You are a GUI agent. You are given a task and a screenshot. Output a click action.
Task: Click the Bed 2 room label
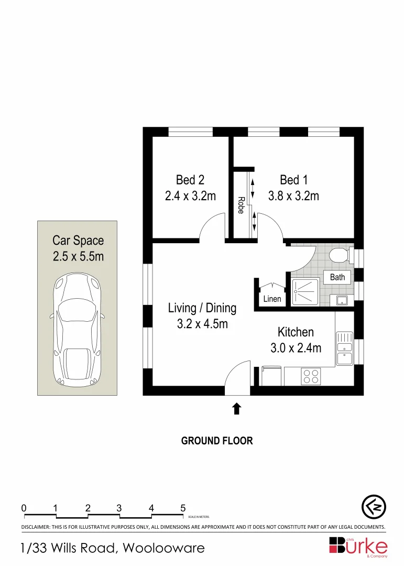190,180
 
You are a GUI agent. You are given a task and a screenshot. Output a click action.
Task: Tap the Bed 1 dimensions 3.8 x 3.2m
293,196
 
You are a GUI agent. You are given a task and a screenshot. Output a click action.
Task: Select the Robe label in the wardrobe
241,205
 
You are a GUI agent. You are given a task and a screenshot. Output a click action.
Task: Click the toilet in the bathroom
340,256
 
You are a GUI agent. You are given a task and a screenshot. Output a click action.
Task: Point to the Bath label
337,277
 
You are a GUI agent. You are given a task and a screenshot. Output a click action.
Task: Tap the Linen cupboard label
272,299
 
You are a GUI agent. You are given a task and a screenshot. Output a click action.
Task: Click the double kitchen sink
344,348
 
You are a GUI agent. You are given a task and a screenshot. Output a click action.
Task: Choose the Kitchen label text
296,332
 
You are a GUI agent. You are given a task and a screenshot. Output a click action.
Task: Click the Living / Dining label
202,308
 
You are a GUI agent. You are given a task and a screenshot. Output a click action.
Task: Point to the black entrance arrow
236,408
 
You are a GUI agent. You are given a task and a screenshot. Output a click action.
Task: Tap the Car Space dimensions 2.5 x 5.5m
78,257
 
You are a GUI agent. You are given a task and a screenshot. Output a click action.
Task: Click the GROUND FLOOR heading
217,441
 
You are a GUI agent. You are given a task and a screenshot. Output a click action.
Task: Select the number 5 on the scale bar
183,508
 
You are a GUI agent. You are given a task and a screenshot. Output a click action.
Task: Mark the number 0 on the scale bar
24,508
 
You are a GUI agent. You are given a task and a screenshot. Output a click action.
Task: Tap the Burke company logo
358,546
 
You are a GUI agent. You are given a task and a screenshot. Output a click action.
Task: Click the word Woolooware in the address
163,548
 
